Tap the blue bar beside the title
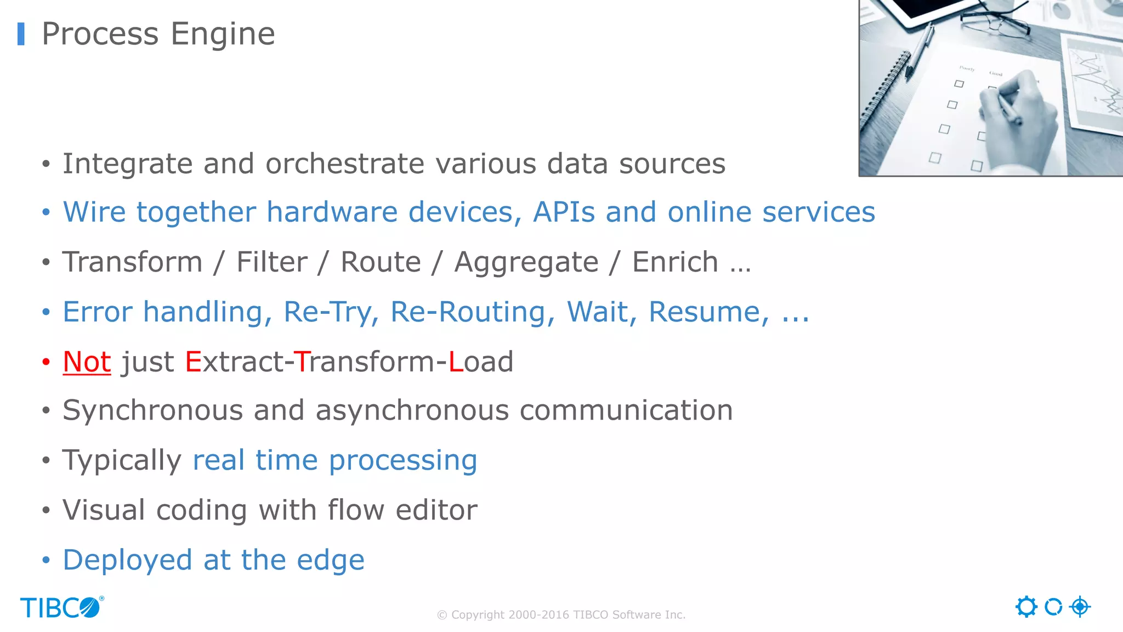(x=21, y=34)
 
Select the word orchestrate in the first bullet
(x=345, y=163)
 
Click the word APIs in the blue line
(x=564, y=212)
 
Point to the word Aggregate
(x=526, y=262)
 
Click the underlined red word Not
(x=87, y=362)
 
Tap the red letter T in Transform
(x=303, y=362)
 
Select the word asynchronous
(x=412, y=410)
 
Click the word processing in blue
(x=403, y=460)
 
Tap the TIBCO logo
(x=61, y=607)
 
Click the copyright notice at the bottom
(x=561, y=615)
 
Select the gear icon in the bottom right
(x=1026, y=607)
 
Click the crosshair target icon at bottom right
(x=1080, y=607)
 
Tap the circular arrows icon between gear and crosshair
(x=1053, y=607)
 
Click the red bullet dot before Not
(x=46, y=362)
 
